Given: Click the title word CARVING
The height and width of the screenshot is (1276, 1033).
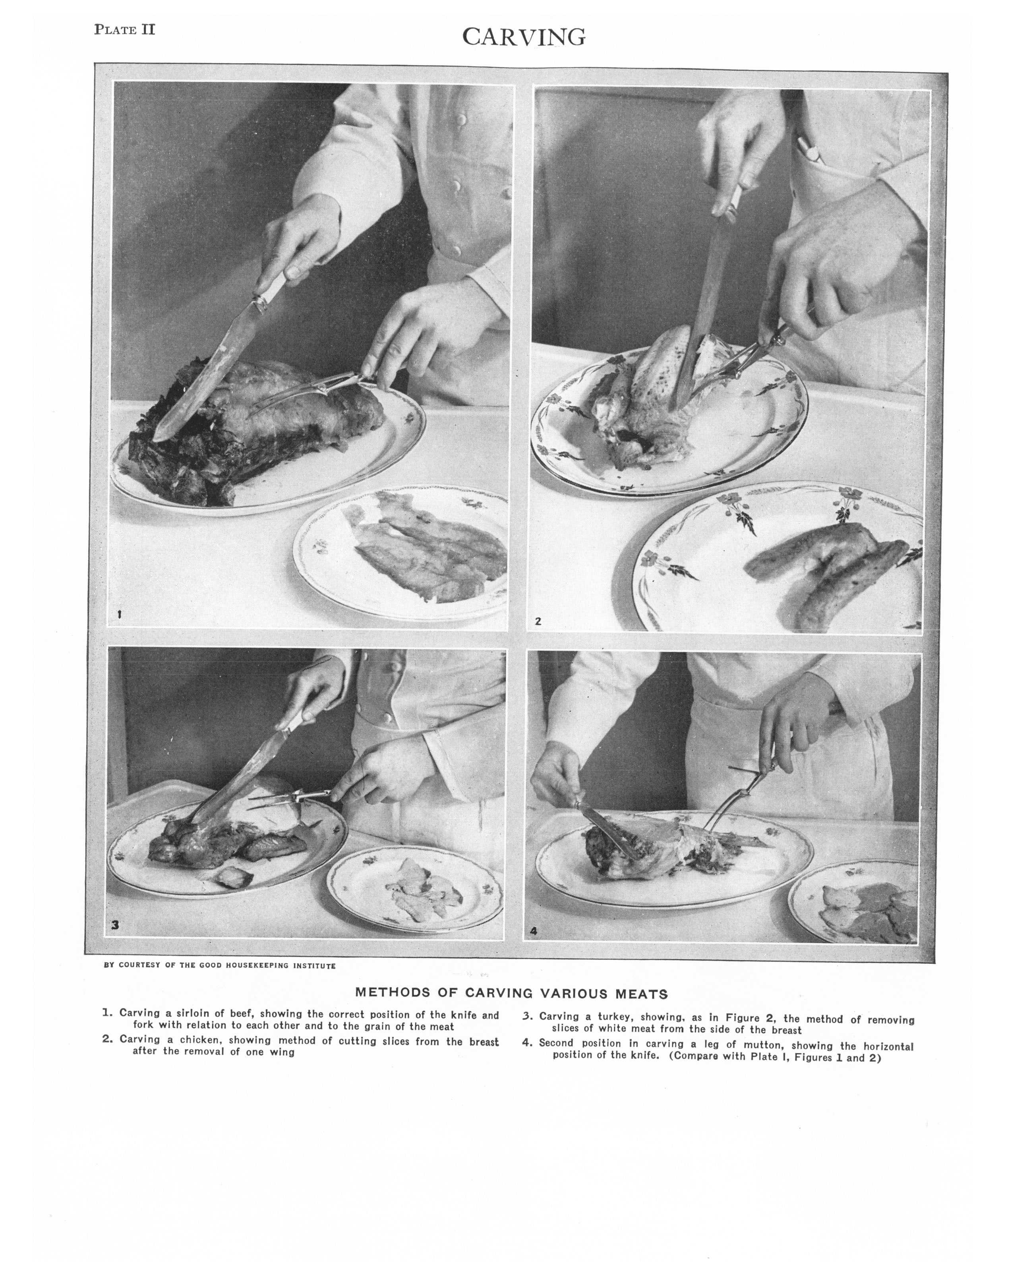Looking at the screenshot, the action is pyautogui.click(x=524, y=37).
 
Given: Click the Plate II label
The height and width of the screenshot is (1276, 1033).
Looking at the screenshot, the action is pyautogui.click(x=125, y=30).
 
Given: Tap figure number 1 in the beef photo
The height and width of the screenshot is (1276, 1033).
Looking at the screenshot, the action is pyautogui.click(x=120, y=615).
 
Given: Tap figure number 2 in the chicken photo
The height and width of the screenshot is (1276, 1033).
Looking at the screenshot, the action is pyautogui.click(x=538, y=621).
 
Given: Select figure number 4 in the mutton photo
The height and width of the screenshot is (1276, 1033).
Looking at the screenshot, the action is pyautogui.click(x=533, y=932).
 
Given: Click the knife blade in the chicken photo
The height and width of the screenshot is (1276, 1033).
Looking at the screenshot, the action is pyautogui.click(x=696, y=309).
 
